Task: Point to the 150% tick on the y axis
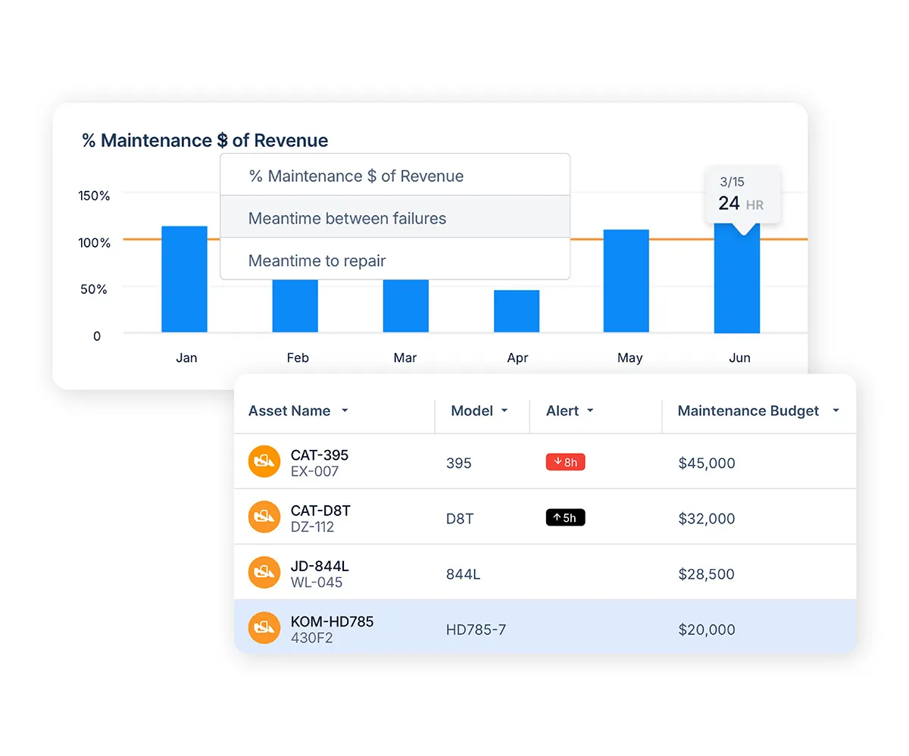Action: (94, 195)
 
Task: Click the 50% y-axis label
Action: (94, 289)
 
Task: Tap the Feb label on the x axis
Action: (298, 358)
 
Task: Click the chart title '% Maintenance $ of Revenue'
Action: (205, 140)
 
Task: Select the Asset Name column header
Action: (290, 411)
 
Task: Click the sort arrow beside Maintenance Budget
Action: (836, 411)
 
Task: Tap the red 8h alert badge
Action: (565, 462)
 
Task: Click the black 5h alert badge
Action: (565, 517)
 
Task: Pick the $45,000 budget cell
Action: (707, 463)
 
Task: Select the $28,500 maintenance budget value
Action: (707, 574)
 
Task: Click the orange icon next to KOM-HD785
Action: (264, 628)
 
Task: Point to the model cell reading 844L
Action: (463, 574)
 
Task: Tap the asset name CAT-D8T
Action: (320, 511)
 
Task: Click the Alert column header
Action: (563, 411)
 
